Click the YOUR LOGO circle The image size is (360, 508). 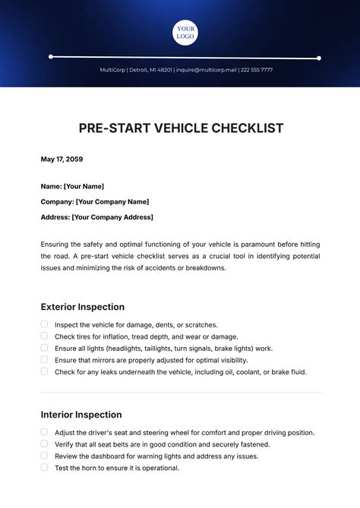[x=185, y=33]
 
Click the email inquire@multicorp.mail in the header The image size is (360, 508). [x=206, y=70]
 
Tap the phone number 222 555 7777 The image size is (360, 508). [x=256, y=70]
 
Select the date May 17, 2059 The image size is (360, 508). [x=62, y=159]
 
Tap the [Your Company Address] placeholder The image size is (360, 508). [x=112, y=217]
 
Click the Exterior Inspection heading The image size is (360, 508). [x=82, y=307]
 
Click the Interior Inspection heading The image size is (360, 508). [x=81, y=415]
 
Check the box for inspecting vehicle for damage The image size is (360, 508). [x=45, y=324]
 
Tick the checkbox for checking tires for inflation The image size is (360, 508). [x=45, y=336]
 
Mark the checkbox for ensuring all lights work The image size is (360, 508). [x=45, y=348]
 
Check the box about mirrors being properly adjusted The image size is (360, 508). [x=45, y=359]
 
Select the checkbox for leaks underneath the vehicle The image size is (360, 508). [x=45, y=371]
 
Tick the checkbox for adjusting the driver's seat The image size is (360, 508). [x=45, y=432]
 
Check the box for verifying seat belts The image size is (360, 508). [x=45, y=443]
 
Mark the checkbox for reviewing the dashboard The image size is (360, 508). [x=45, y=456]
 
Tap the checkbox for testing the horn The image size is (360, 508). [x=45, y=468]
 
